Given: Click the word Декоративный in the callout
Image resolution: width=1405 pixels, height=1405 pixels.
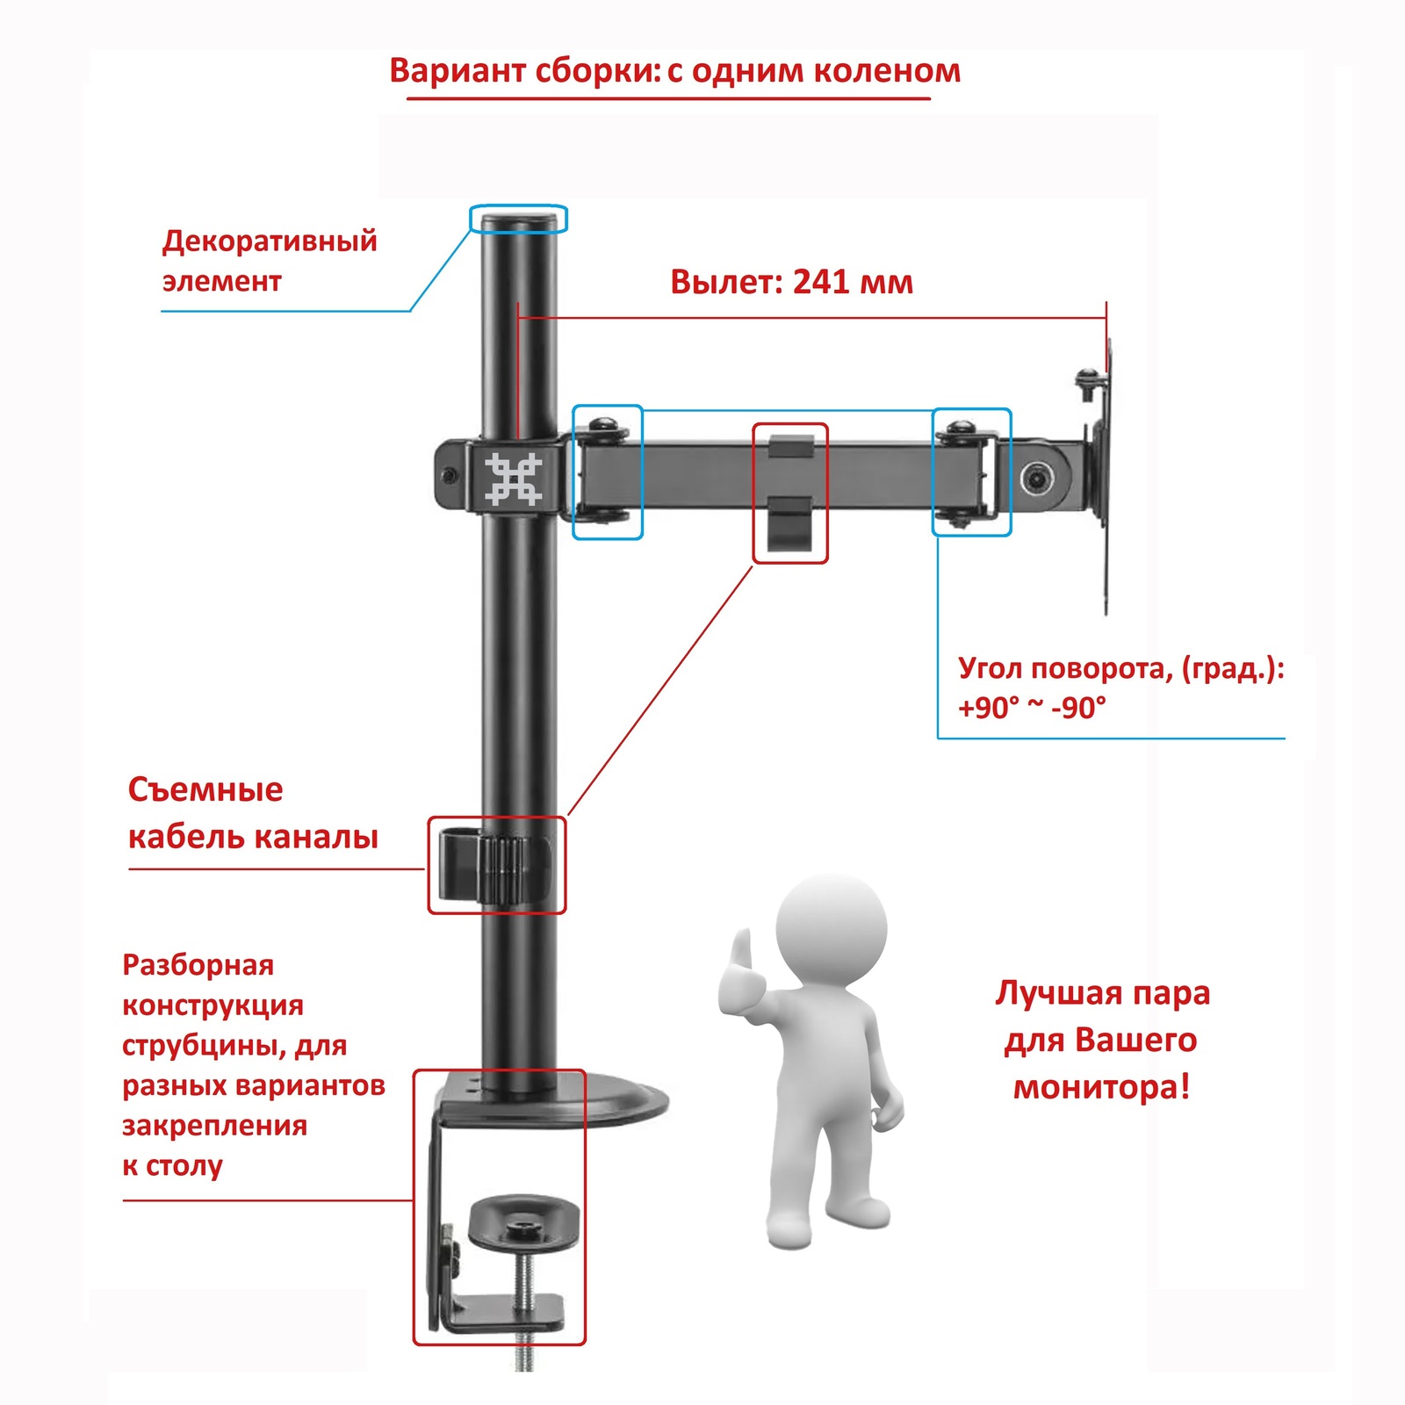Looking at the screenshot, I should point(270,241).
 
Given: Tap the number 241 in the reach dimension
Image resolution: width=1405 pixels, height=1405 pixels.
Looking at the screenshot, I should point(822,282).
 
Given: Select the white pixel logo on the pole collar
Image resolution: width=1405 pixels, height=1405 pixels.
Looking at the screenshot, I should point(514,479).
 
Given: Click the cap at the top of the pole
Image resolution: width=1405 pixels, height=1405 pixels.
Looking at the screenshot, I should point(518,219).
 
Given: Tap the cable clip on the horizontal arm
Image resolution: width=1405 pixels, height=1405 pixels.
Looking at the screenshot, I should point(789,492).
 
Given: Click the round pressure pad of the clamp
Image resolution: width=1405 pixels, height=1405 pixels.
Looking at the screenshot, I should point(524,1221).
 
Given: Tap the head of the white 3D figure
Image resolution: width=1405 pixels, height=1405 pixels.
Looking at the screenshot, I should point(831,926).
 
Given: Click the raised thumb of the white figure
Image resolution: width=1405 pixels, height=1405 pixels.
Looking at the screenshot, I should point(743,952).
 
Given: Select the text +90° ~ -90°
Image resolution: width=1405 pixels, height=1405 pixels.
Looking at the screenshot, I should point(1031,707).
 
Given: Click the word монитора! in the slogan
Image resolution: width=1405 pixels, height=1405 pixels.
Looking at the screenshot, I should point(1101,1087).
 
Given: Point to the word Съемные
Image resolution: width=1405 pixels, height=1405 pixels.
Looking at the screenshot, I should point(205,789).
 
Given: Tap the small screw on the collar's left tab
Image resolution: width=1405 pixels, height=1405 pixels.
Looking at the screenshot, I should point(450,477).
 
